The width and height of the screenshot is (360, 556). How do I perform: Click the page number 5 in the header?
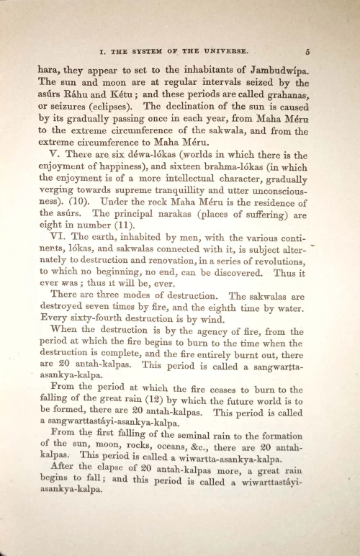(307, 51)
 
